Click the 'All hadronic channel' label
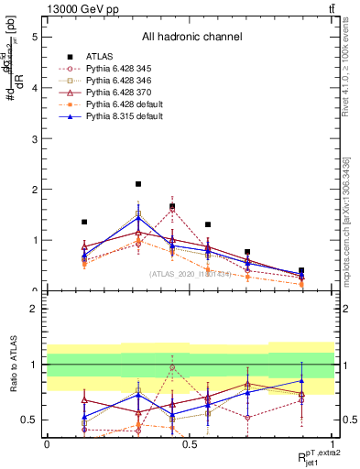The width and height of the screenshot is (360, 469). pos(191,38)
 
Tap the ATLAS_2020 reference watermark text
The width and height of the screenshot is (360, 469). pos(191,273)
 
